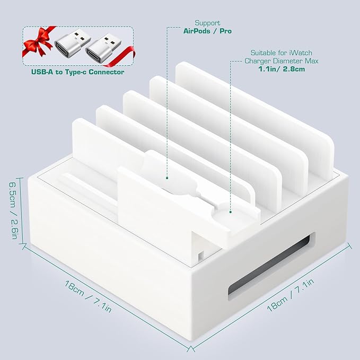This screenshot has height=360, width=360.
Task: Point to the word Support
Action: tap(208, 23)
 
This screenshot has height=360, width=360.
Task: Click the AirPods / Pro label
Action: tap(208, 31)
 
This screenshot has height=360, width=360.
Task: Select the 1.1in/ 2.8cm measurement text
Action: tap(281, 69)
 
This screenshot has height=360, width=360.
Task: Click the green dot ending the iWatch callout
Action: tap(231, 212)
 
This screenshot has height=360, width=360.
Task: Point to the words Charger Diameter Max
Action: tap(281, 62)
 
